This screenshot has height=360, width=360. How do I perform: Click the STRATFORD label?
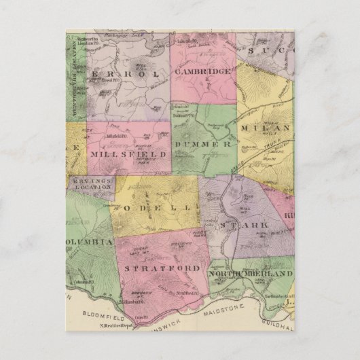point(162,269)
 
